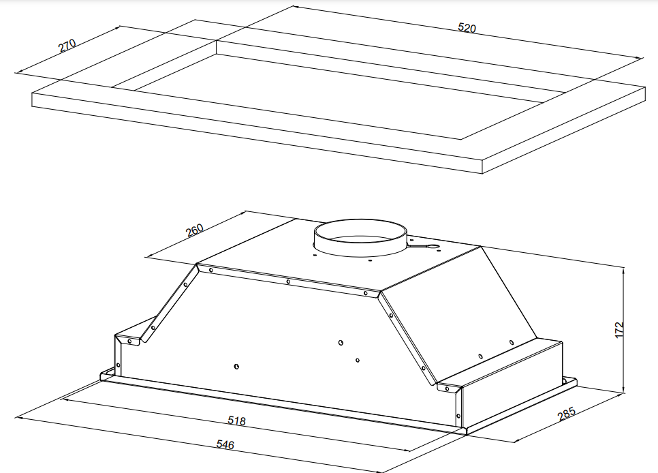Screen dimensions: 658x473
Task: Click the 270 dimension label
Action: click(x=67, y=46)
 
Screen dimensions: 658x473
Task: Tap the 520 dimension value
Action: click(x=467, y=28)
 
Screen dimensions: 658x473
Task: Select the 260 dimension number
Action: click(x=195, y=230)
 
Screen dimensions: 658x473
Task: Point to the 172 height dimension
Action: click(x=620, y=330)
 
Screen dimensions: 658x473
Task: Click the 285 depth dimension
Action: click(x=567, y=414)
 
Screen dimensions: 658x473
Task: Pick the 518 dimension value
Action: click(x=236, y=421)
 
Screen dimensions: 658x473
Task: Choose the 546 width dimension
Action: click(x=225, y=444)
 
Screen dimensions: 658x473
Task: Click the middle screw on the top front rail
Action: click(x=288, y=281)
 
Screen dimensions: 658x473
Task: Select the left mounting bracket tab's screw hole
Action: click(x=129, y=341)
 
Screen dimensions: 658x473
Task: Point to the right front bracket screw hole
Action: click(x=448, y=389)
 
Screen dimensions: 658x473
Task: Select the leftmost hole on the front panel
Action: click(x=236, y=367)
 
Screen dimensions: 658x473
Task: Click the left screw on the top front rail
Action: click(x=210, y=270)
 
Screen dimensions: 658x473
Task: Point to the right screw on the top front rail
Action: click(x=366, y=293)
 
